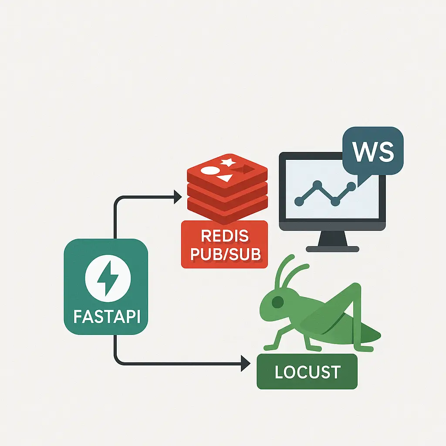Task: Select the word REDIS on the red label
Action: pyautogui.click(x=225, y=237)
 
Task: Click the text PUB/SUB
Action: pyautogui.click(x=225, y=253)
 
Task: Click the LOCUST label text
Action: pyautogui.click(x=307, y=372)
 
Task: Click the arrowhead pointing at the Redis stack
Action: pyautogui.click(x=177, y=197)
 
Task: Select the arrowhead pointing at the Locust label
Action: pyautogui.click(x=247, y=363)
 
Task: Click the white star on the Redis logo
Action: pyautogui.click(x=228, y=162)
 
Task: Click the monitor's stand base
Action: pyautogui.click(x=332, y=249)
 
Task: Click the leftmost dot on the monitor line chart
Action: pyautogui.click(x=299, y=201)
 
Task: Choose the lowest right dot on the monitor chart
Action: pyautogui.click(x=335, y=202)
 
